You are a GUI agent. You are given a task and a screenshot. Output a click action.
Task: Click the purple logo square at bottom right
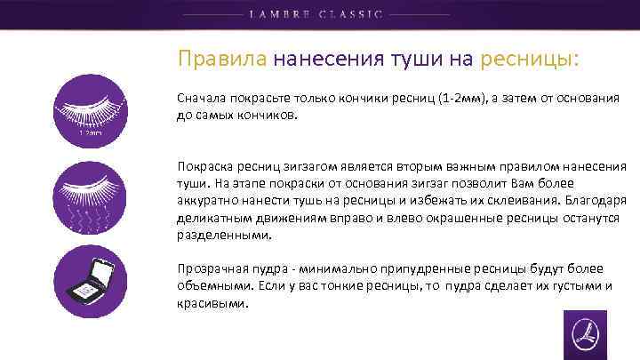[x=585, y=335]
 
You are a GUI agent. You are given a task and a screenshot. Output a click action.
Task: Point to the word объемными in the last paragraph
[x=211, y=286]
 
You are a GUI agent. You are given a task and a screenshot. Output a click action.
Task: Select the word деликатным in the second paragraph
[x=213, y=219]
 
